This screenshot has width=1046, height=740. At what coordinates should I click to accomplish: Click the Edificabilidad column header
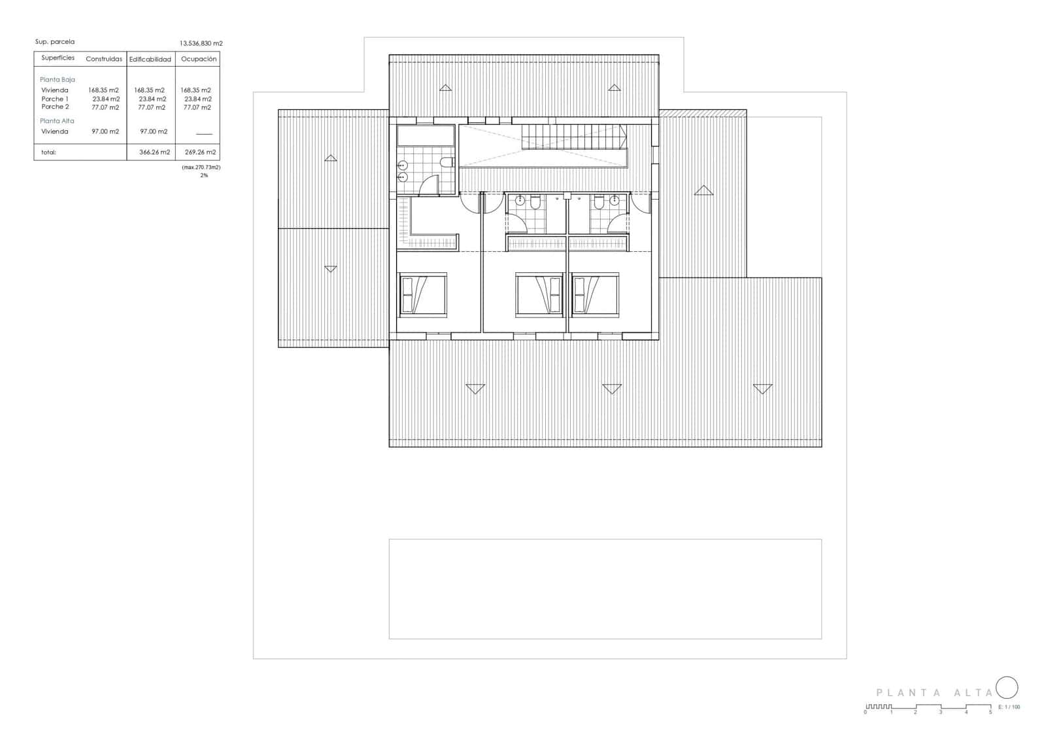pos(150,60)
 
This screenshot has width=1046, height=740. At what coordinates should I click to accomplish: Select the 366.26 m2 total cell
pos(154,152)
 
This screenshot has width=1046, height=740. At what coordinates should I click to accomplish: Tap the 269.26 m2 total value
pos(200,152)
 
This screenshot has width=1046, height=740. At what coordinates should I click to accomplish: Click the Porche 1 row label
pos(55,99)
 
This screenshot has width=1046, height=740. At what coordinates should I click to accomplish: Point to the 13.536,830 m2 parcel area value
pos(201,43)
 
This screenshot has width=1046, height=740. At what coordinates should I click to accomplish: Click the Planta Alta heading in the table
pos(57,121)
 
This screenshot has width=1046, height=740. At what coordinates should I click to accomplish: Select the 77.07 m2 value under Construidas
pos(105,107)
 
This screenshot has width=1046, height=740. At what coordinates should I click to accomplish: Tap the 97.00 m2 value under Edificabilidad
pos(154,132)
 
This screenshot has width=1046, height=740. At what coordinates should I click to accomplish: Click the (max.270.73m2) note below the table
pos(201,167)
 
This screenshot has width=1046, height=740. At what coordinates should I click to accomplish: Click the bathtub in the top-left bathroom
pos(426,135)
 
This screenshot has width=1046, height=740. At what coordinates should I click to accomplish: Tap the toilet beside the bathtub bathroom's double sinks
pos(448,162)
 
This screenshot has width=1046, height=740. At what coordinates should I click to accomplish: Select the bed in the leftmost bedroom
pos(422,294)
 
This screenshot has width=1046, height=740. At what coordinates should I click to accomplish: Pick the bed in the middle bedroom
pos(539,294)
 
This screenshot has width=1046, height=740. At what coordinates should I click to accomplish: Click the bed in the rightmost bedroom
pos(594,294)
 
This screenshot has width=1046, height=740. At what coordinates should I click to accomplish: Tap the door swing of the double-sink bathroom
pos(429,185)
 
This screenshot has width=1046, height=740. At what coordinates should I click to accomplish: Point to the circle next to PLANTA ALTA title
pos(1007,688)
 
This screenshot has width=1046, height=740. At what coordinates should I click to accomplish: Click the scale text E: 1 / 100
pos(1009,707)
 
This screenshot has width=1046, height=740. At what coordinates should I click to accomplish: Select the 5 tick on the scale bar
pos(990,712)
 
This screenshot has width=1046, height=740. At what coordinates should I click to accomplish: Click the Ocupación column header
pos(199,59)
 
